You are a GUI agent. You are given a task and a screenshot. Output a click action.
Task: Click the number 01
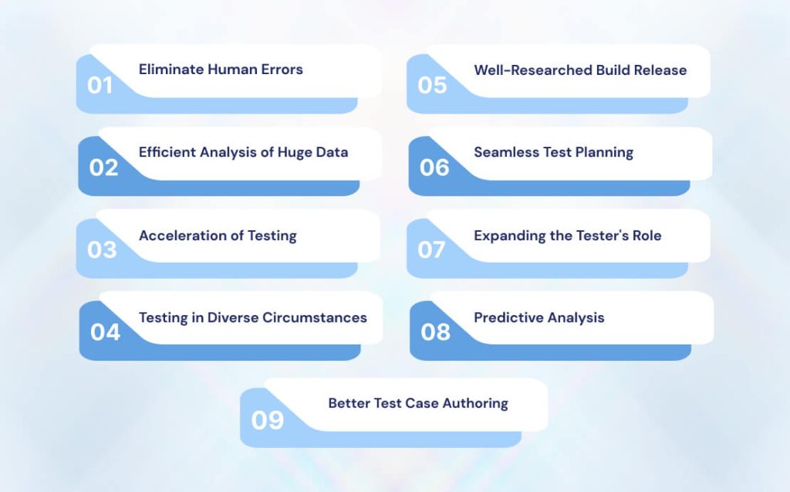(x=100, y=85)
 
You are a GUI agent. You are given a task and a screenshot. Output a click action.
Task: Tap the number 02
(x=103, y=168)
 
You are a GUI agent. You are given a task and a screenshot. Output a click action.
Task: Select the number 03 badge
(x=102, y=249)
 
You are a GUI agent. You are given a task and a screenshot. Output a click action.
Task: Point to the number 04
(x=105, y=332)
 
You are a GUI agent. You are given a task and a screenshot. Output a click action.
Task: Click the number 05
(x=432, y=85)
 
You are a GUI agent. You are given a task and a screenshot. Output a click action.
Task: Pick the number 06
(x=434, y=168)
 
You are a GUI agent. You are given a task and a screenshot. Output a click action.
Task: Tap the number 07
(x=432, y=249)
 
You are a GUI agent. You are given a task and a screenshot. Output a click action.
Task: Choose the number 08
(x=435, y=332)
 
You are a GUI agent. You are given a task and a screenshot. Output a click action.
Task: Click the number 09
(x=268, y=420)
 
